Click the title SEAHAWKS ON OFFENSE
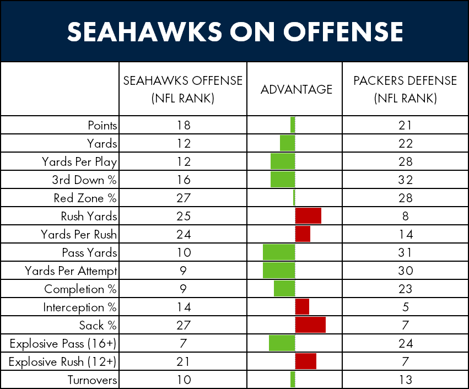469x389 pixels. pyautogui.click(x=234, y=33)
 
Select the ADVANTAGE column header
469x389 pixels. pyautogui.click(x=297, y=89)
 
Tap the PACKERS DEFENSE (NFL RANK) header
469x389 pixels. pyautogui.click(x=405, y=89)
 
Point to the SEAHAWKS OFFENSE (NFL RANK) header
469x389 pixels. pyautogui.click(x=183, y=89)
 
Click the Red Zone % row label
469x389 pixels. pyautogui.click(x=85, y=198)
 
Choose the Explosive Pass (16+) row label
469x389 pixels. pyautogui.click(x=63, y=343)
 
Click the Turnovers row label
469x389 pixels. pyautogui.click(x=93, y=380)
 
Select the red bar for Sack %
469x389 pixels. pyautogui.click(x=310, y=325)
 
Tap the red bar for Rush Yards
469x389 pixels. pyautogui.click(x=308, y=216)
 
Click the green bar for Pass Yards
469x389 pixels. pyautogui.click(x=279, y=252)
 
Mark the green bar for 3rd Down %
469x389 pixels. pyautogui.click(x=283, y=180)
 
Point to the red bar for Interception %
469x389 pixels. pyautogui.click(x=302, y=307)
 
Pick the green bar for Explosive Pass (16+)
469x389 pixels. pyautogui.click(x=282, y=343)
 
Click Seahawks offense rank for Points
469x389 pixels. pyautogui.click(x=183, y=125)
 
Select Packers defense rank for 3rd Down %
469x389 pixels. pyautogui.click(x=405, y=180)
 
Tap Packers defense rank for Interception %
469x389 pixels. pyautogui.click(x=405, y=307)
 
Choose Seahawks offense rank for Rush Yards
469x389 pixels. pyautogui.click(x=183, y=216)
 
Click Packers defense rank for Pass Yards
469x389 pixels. pyautogui.click(x=405, y=252)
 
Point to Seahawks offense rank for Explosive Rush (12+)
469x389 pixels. pyautogui.click(x=183, y=361)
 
